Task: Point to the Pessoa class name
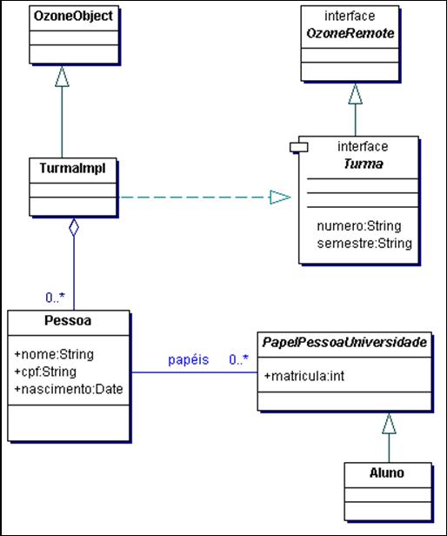coord(69,320)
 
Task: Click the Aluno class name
coord(388,473)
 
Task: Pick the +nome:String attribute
coord(54,354)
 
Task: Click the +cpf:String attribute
coord(45,372)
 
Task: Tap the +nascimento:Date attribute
coord(69,388)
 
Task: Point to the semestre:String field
coord(364,243)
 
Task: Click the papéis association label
coord(189,359)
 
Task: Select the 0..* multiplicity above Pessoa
coord(58,297)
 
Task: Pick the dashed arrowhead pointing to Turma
coord(279,198)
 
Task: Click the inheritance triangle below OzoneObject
coord(61,78)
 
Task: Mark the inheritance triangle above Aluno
coord(389,423)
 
